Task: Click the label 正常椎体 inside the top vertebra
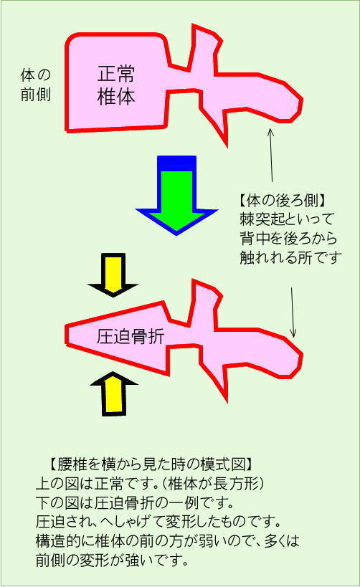pyautogui.click(x=115, y=85)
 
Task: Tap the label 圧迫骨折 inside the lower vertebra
pyautogui.click(x=131, y=337)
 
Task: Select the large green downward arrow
pyautogui.click(x=176, y=196)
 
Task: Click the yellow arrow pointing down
pyautogui.click(x=113, y=275)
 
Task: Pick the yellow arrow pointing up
pyautogui.click(x=113, y=393)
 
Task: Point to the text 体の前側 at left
pyautogui.click(x=36, y=85)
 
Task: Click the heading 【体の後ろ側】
pyautogui.click(x=283, y=201)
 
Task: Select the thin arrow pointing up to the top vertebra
pyautogui.click(x=271, y=155)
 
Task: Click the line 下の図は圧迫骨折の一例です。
pyautogui.click(x=135, y=502)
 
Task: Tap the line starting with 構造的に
pyautogui.click(x=168, y=541)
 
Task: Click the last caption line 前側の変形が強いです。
pyautogui.click(x=112, y=560)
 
